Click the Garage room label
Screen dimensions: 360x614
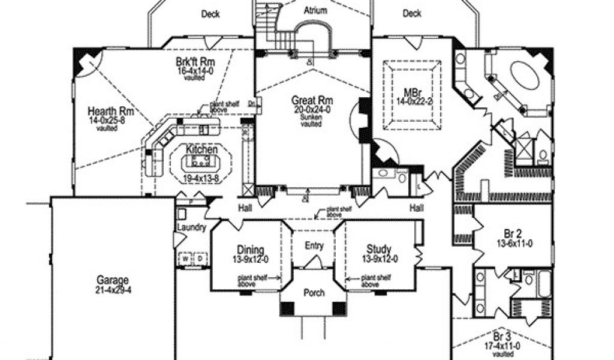[112, 280]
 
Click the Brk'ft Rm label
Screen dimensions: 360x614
[195, 62]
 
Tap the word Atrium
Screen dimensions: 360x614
[315, 10]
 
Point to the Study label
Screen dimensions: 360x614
[379, 250]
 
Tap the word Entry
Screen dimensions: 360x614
[314, 245]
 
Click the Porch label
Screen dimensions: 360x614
[314, 293]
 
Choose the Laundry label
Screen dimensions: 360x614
[192, 228]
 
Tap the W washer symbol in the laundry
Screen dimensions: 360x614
[186, 259]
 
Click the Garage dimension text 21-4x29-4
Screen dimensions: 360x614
[112, 289]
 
